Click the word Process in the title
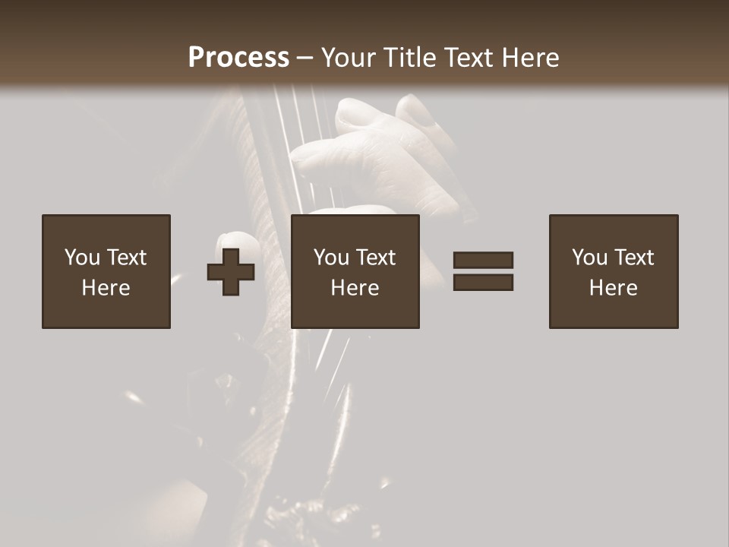click(x=238, y=58)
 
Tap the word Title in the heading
click(x=408, y=58)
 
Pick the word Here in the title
click(x=532, y=58)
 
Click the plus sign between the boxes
click(x=231, y=272)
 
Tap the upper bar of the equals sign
click(x=483, y=260)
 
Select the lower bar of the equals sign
click(x=483, y=283)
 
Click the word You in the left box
click(x=82, y=258)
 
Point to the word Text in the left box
click(x=125, y=258)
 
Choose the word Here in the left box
click(x=106, y=288)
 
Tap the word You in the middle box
click(x=331, y=258)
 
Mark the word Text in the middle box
click(x=374, y=258)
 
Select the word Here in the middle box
click(x=355, y=288)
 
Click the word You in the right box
click(x=589, y=258)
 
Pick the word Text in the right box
click(x=633, y=258)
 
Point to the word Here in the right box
click(x=613, y=288)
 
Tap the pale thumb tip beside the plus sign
click(x=236, y=242)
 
